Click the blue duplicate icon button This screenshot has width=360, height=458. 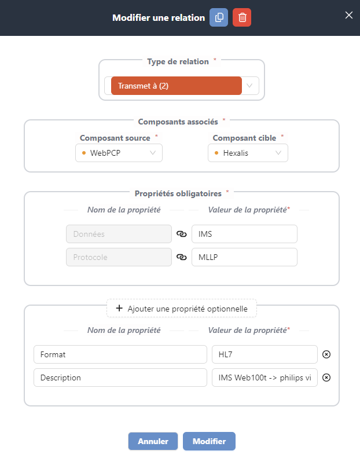click(x=219, y=17)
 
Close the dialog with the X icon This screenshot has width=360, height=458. click(x=349, y=15)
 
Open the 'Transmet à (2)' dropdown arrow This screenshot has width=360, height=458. click(x=249, y=86)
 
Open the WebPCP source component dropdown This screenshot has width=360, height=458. click(x=119, y=153)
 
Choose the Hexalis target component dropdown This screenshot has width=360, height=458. click(x=248, y=153)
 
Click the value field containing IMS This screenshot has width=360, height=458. click(x=244, y=234)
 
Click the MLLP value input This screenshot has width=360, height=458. click(x=244, y=257)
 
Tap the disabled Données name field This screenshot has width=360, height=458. click(x=119, y=234)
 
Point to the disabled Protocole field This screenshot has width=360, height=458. click(x=119, y=257)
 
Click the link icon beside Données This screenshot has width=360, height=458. click(x=182, y=234)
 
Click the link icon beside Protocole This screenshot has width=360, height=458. click(x=182, y=257)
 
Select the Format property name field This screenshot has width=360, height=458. click(x=120, y=354)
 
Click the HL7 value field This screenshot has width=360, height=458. click(x=265, y=354)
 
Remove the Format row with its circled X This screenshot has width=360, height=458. click(x=326, y=354)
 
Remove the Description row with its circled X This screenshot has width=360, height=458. click(x=326, y=378)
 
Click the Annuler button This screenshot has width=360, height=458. click(x=153, y=441)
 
